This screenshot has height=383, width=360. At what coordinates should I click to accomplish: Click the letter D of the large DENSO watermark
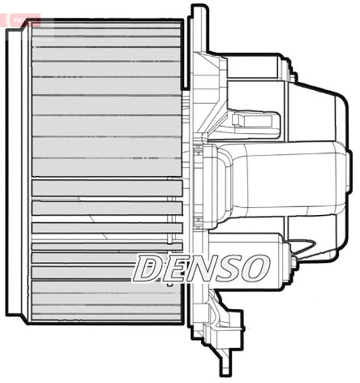[x=148, y=269]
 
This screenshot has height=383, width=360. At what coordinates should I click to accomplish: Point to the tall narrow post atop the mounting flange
[x=198, y=27]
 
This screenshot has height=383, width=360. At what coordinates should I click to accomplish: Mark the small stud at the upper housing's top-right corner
[x=293, y=76]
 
